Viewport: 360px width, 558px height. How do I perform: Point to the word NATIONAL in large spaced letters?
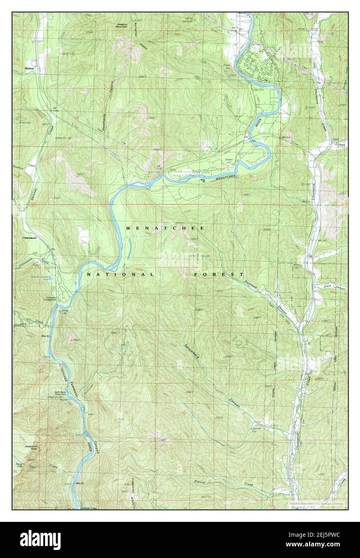[x=120, y=274]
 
